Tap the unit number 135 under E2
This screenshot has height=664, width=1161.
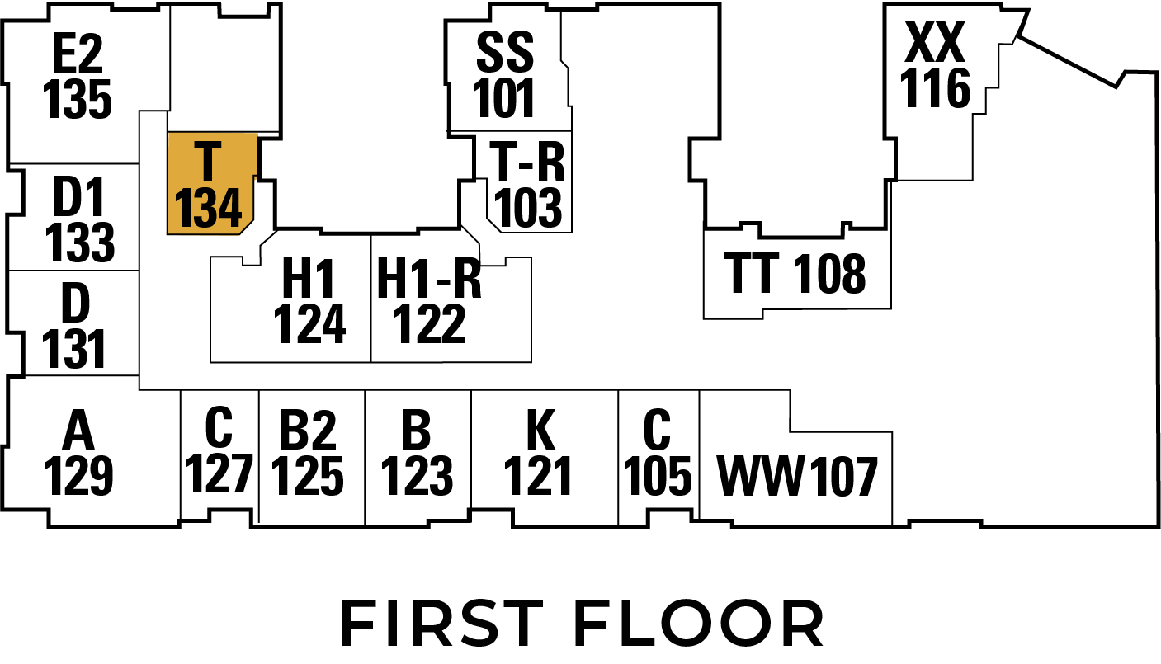(x=77, y=100)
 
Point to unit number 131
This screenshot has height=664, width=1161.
(x=74, y=349)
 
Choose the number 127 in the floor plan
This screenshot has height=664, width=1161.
(x=219, y=473)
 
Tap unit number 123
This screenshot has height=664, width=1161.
(x=418, y=476)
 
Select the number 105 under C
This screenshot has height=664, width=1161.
(x=658, y=476)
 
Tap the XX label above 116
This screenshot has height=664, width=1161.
(x=935, y=45)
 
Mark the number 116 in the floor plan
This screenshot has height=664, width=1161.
(x=935, y=89)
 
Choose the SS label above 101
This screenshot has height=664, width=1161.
(x=505, y=54)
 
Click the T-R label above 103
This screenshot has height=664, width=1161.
(x=528, y=162)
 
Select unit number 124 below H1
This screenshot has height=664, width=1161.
(x=309, y=324)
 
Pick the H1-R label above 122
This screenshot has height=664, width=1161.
(x=429, y=280)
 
